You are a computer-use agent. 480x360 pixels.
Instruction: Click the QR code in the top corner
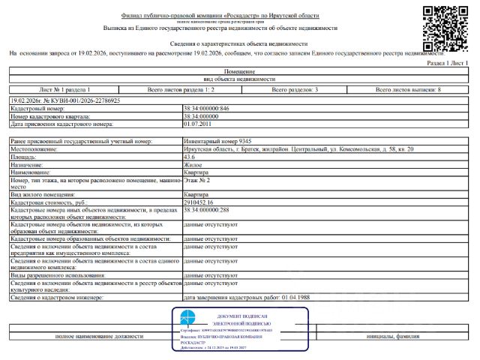(x=448, y=27)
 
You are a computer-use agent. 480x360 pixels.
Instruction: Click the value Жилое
(x=193, y=164)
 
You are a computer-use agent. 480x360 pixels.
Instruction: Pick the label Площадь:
(x=27, y=157)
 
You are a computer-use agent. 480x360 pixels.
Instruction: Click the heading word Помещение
(x=239, y=70)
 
